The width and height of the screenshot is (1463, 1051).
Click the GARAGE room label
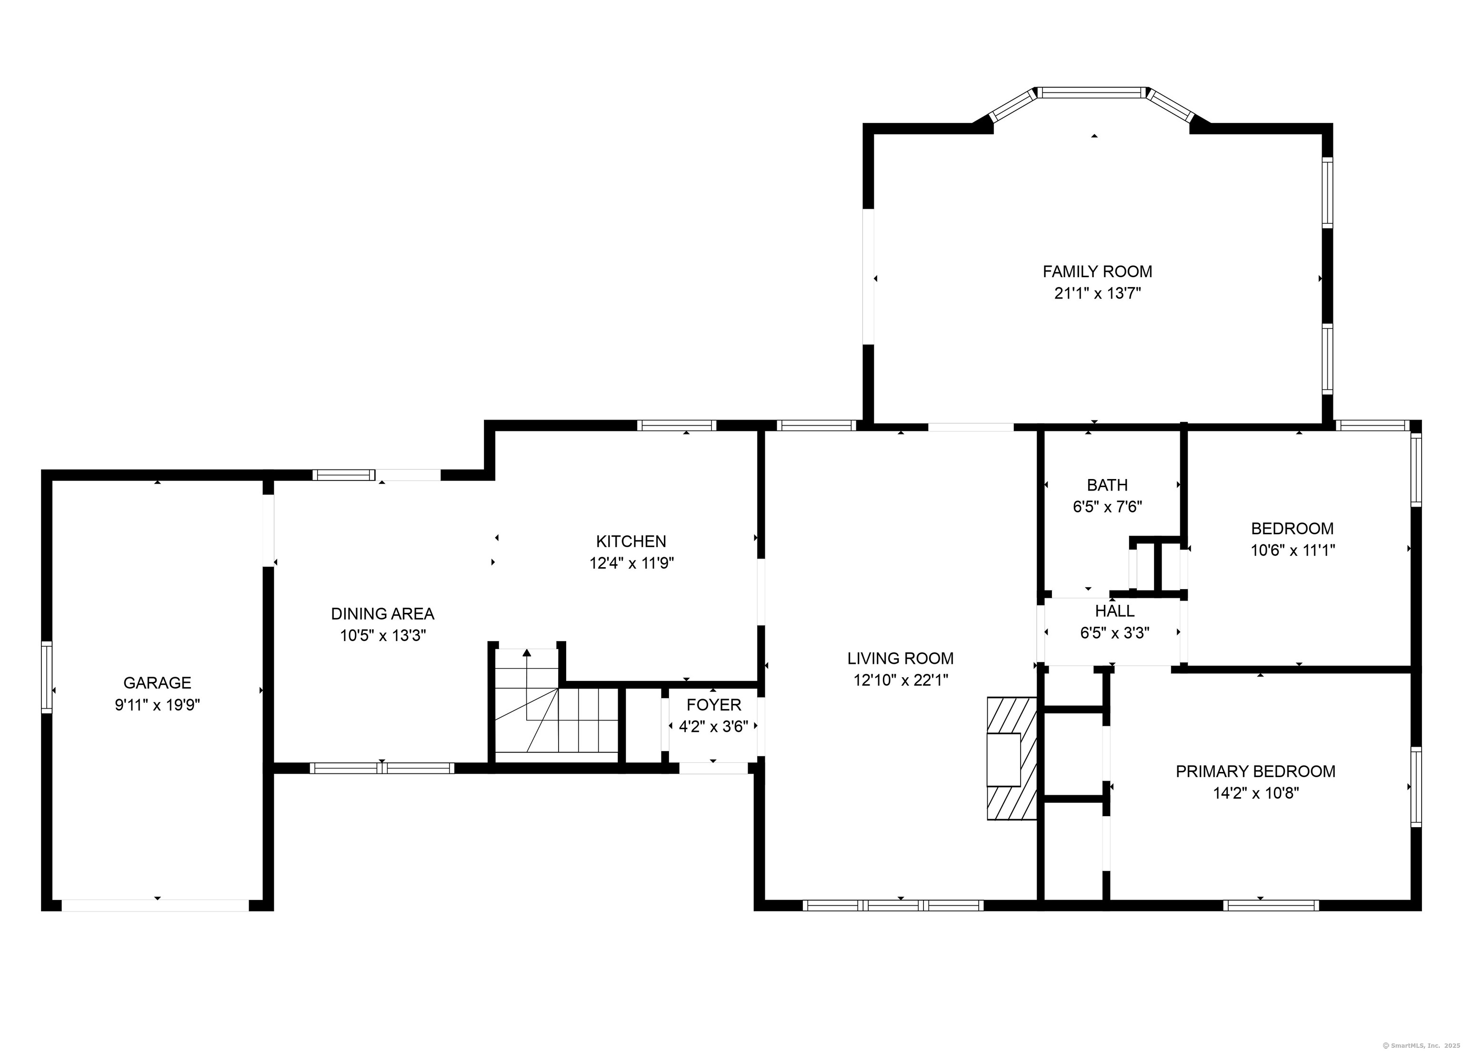(x=157, y=682)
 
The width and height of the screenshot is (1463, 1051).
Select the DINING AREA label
(x=382, y=613)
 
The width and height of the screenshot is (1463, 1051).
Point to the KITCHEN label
(x=631, y=541)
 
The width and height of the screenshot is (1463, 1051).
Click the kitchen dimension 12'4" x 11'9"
(x=631, y=563)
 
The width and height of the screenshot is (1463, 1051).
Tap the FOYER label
(x=713, y=704)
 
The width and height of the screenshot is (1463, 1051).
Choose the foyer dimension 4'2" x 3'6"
(x=713, y=727)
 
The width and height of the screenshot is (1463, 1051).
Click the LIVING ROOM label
(x=901, y=658)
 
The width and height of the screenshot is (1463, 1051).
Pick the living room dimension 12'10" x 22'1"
(x=901, y=680)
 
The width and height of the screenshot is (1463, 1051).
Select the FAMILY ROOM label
(x=1097, y=271)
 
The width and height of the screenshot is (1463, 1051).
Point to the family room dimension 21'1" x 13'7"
(x=1098, y=293)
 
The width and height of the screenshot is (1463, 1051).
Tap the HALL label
(x=1115, y=611)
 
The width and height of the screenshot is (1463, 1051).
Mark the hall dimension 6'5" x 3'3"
(x=1115, y=633)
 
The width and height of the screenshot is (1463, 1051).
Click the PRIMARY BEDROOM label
(x=1255, y=771)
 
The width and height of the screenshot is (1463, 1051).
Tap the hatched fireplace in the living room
(x=1012, y=758)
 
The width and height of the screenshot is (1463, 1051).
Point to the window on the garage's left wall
(x=47, y=677)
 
